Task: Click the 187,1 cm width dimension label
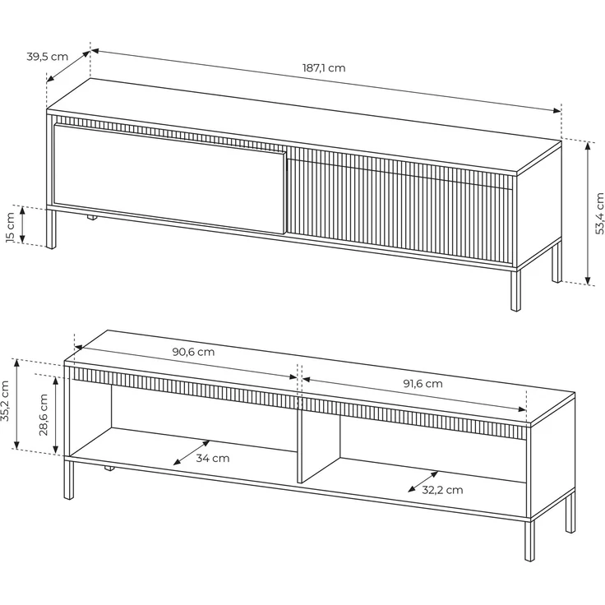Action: tap(323, 68)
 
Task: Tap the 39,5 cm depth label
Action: tap(47, 57)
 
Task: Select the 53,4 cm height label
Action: tap(599, 214)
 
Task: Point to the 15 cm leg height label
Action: tap(11, 227)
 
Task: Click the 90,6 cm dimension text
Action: tap(193, 352)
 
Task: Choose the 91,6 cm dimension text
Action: tap(423, 384)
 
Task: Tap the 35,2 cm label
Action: tap(5, 406)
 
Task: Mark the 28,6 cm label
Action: tap(44, 415)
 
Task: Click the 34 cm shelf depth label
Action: tap(213, 459)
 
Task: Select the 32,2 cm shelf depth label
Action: tap(442, 490)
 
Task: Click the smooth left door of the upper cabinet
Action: tap(170, 178)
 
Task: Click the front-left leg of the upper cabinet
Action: tap(51, 229)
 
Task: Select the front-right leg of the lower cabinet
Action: tap(529, 539)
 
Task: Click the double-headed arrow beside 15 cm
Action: tap(22, 225)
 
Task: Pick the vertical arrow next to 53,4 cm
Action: tap(588, 214)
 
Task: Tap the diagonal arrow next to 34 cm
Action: tap(192, 453)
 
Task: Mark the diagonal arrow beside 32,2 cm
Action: tap(423, 482)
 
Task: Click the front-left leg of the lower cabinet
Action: tap(69, 478)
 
